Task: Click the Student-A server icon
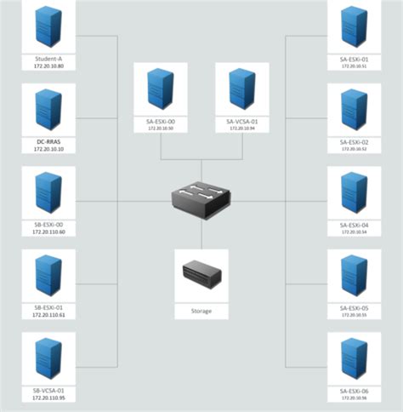click(x=48, y=28)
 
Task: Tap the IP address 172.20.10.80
click(x=48, y=66)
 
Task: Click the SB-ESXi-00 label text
click(x=48, y=225)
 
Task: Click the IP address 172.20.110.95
click(x=48, y=398)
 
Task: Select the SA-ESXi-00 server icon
click(x=161, y=89)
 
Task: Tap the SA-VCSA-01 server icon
click(x=241, y=89)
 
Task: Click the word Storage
click(x=201, y=312)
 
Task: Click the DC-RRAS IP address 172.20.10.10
click(x=48, y=149)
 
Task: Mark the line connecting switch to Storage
click(x=201, y=233)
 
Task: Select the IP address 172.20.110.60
click(x=48, y=232)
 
